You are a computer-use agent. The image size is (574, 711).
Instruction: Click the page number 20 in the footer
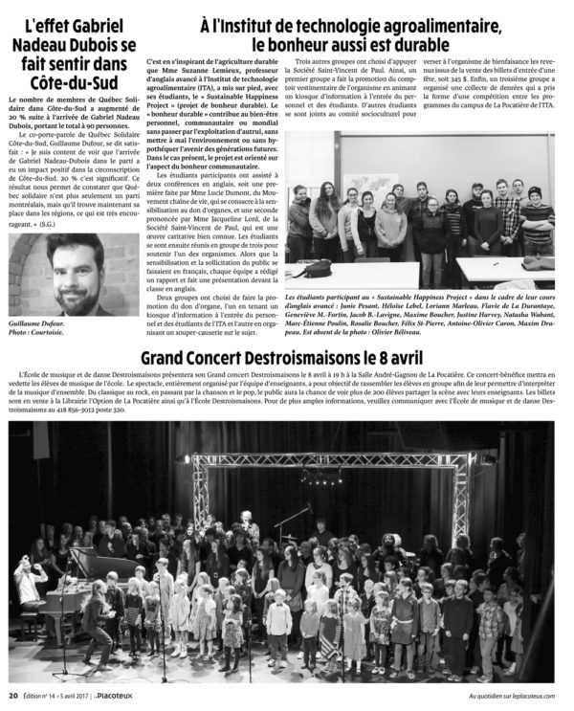point(12,696)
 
